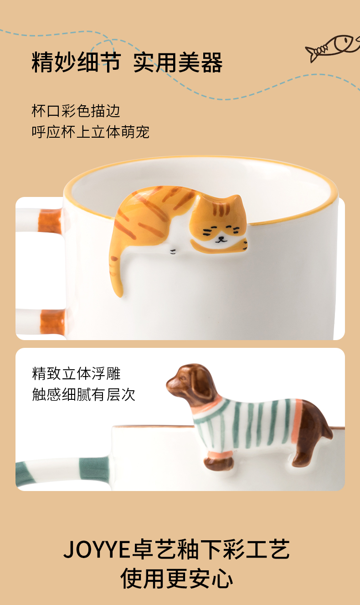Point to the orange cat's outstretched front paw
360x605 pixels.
coord(219,246)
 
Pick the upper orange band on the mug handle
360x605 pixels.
coord(50,221)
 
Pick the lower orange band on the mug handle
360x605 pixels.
coord(52,321)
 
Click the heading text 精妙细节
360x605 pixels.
coord(77,62)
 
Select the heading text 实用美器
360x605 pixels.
coord(178,62)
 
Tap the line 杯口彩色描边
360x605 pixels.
coord(76,111)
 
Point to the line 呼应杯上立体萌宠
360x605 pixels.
coord(90,132)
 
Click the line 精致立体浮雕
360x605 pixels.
coord(76,373)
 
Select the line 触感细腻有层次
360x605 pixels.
coord(83,394)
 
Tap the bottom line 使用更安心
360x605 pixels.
coord(177,578)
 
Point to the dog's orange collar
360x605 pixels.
coord(210,407)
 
